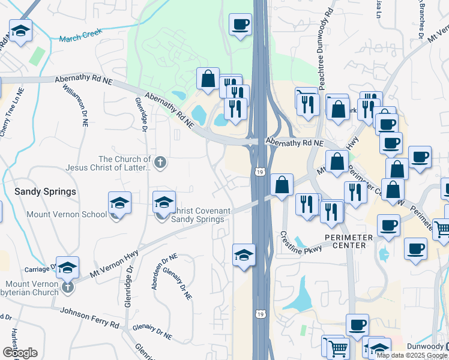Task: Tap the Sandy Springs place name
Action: coord(46,191)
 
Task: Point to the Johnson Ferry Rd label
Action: coord(89,319)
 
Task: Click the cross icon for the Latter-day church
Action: coord(160,161)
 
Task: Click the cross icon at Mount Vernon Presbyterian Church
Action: coord(68,287)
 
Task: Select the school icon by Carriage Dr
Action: coord(68,267)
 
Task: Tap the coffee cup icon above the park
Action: coord(240,25)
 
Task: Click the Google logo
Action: coord(20,352)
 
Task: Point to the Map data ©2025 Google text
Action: coord(411,355)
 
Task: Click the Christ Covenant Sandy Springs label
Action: coord(198,215)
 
